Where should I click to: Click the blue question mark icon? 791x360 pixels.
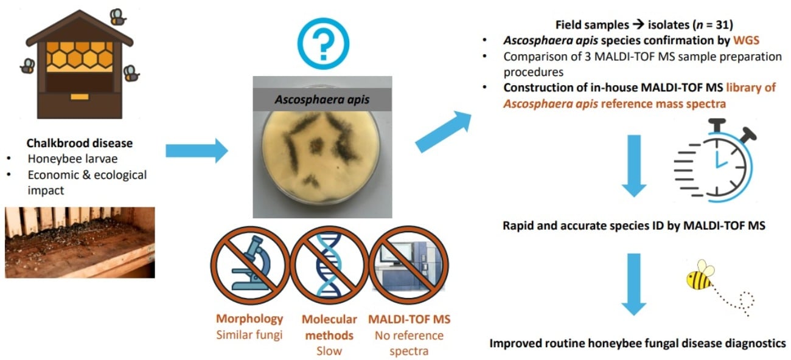click(x=323, y=42)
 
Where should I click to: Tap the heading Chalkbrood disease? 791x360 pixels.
click(x=80, y=144)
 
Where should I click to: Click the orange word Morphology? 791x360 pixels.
click(x=249, y=319)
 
